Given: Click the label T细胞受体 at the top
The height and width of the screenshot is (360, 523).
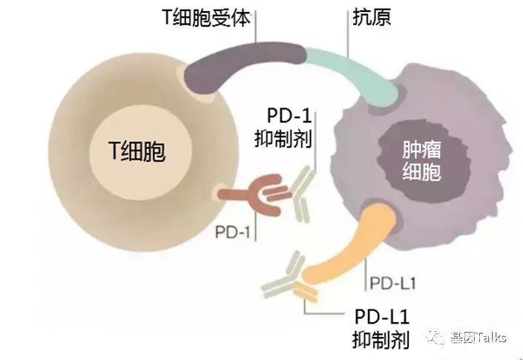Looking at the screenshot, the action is [206, 17].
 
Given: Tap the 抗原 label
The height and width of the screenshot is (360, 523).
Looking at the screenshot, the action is [372, 16].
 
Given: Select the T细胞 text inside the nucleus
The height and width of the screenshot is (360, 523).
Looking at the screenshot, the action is [136, 151].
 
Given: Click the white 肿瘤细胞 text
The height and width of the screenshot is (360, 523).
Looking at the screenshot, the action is [422, 161].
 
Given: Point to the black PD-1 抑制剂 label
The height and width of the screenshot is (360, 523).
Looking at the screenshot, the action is [283, 128].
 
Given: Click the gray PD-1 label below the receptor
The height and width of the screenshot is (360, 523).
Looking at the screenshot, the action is [232, 232].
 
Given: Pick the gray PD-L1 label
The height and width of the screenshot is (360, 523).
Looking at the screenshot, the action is [393, 284].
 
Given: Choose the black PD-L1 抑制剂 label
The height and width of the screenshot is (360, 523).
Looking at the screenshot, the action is [381, 329].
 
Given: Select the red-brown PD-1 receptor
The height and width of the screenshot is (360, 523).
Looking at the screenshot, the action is [255, 194].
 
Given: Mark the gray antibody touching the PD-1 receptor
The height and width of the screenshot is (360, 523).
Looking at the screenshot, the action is [302, 194].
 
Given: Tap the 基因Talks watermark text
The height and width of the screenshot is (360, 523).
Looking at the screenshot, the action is [478, 337].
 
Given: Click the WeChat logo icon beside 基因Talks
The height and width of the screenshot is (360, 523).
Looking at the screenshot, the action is [436, 338].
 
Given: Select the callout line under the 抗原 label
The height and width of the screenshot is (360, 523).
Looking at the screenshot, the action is [348, 33].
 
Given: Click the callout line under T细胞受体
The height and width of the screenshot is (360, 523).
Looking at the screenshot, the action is [256, 27].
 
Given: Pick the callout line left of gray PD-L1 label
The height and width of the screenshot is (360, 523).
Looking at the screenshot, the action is [366, 274].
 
